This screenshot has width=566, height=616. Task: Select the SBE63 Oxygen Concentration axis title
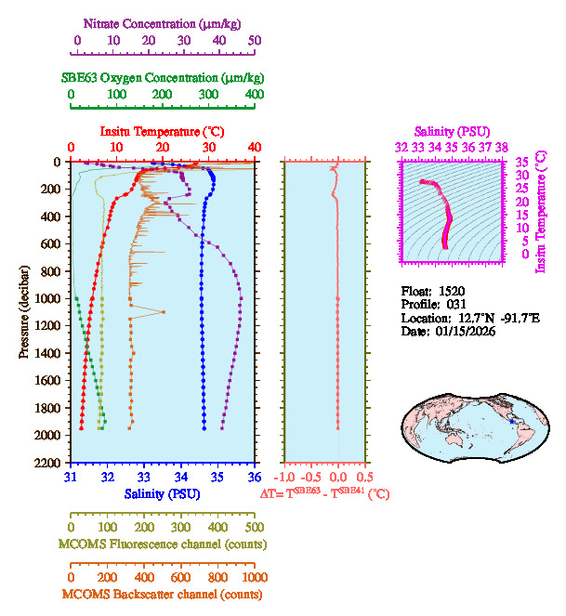coord(163,77)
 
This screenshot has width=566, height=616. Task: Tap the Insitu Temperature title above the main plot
coord(163,131)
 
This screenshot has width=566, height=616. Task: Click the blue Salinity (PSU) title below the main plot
coord(163,492)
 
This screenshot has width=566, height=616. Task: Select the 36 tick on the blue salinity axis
coord(255,477)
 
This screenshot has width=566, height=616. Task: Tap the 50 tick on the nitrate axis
coord(256,41)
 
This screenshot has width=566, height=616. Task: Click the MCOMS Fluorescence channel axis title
coord(163,543)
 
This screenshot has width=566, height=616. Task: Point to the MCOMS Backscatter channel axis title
coord(163,594)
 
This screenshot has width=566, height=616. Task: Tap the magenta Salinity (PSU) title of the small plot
coord(450,131)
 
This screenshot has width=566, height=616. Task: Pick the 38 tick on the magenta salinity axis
coord(501,147)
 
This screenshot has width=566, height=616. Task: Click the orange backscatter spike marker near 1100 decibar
coord(164,312)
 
